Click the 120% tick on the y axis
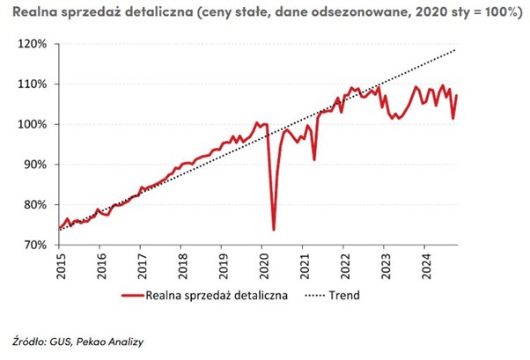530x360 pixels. [31, 44]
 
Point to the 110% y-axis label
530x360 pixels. [31, 84]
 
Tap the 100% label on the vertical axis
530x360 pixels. [31, 124]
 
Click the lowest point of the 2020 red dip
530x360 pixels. [273, 230]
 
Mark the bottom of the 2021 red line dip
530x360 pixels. [314, 159]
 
